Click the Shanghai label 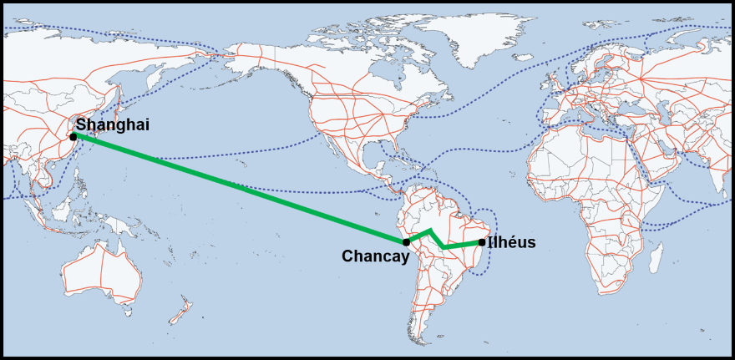click(x=112, y=124)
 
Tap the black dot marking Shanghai click(x=73, y=136)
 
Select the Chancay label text click(x=375, y=256)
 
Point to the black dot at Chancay click(x=406, y=242)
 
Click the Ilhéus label click(x=511, y=243)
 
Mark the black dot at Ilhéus click(x=481, y=242)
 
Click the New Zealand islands click(x=180, y=312)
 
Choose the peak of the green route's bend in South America click(x=430, y=230)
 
